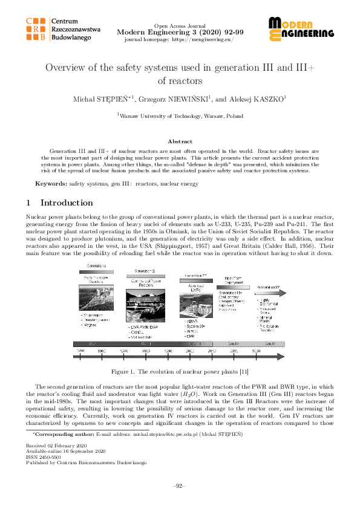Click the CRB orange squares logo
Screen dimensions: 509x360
pos(37,29)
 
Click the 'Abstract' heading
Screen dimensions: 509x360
pos(180,140)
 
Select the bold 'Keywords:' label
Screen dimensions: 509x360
pos(51,183)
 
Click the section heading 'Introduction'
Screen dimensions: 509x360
pos(67,203)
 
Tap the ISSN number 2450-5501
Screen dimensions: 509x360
pos(51,456)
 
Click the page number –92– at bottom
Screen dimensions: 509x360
pos(180,485)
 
